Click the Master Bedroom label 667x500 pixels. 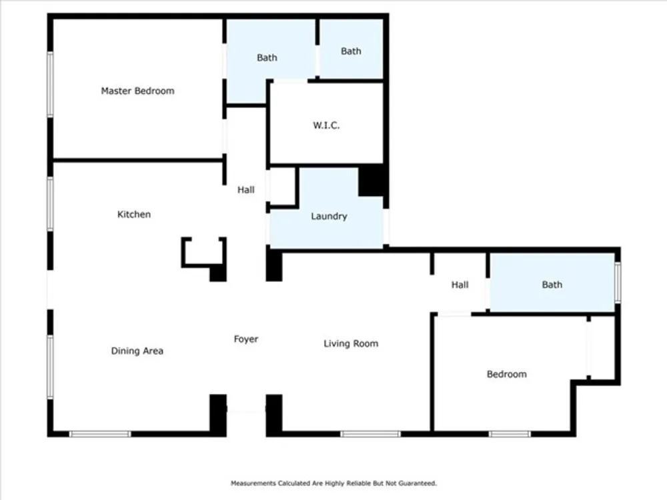[x=137, y=91]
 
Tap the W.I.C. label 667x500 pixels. [x=326, y=125]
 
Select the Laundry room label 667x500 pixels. [x=329, y=217]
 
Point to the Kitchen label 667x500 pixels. [x=134, y=214]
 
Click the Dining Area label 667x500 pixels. [x=137, y=351]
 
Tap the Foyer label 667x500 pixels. [x=246, y=339]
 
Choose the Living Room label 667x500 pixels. [x=351, y=343]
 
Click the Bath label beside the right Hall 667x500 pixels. [x=552, y=285]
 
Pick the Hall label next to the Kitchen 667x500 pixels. [x=246, y=189]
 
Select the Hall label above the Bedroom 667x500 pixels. [x=460, y=285]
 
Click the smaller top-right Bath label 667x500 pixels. [x=351, y=51]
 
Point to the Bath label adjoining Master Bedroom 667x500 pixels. [x=267, y=57]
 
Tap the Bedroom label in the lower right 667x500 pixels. [x=507, y=374]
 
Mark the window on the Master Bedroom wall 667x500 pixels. [x=50, y=84]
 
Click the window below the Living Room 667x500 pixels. [x=370, y=434]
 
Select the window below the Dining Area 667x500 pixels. [x=100, y=434]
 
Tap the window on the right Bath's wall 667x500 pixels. [x=618, y=282]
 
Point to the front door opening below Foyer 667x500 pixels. [x=246, y=410]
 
